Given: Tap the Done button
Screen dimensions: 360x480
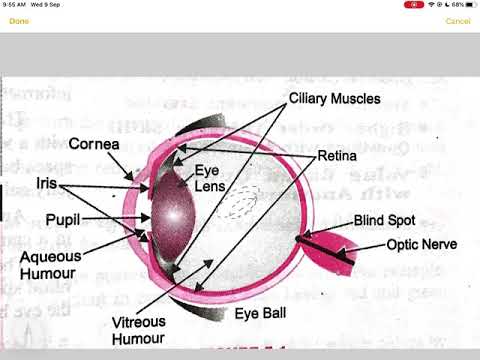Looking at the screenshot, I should [x=19, y=21].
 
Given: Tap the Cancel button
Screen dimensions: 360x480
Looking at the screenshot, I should [x=458, y=21].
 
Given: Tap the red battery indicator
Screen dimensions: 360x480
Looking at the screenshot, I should [x=414, y=4].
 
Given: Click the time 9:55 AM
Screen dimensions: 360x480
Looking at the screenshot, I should [x=13, y=4].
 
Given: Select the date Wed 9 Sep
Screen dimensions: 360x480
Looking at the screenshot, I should [x=48, y=4].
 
